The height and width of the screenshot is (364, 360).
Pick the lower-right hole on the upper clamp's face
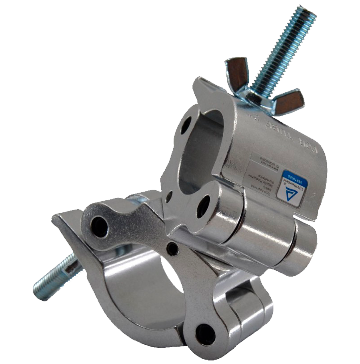(203, 206)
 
